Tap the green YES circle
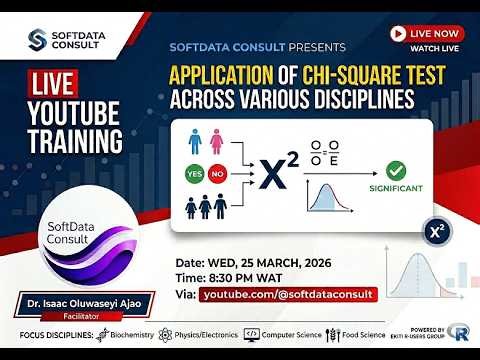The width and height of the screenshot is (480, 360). click(193, 173)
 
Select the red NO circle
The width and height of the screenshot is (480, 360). click(217, 173)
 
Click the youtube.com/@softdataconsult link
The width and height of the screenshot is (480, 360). click(288, 295)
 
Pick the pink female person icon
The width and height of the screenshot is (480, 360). click(217, 142)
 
